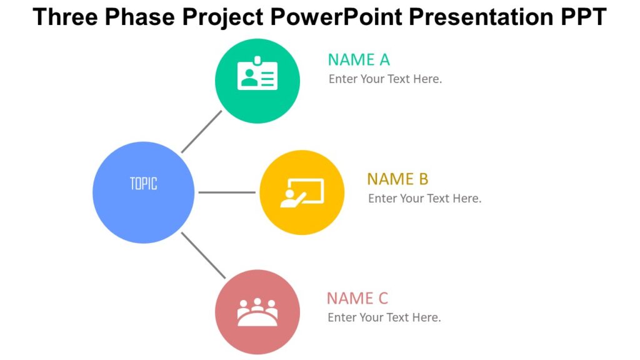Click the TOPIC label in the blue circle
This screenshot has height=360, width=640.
(x=143, y=184)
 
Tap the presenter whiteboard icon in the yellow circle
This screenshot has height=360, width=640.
(x=301, y=192)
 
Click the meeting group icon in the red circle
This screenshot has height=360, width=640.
(x=257, y=312)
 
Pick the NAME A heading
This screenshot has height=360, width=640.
(x=359, y=60)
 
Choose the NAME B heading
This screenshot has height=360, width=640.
(x=397, y=179)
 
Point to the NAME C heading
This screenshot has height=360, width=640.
(x=357, y=298)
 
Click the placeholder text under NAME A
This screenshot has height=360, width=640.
(x=385, y=79)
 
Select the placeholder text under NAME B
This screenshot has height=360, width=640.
(x=424, y=199)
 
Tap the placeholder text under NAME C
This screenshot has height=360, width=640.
(x=384, y=317)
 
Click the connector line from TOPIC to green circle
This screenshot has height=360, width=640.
(x=201, y=132)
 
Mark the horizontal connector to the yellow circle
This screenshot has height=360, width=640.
(x=226, y=192)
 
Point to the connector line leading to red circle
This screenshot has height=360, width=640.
(x=202, y=254)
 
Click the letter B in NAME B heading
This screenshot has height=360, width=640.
(x=423, y=179)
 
